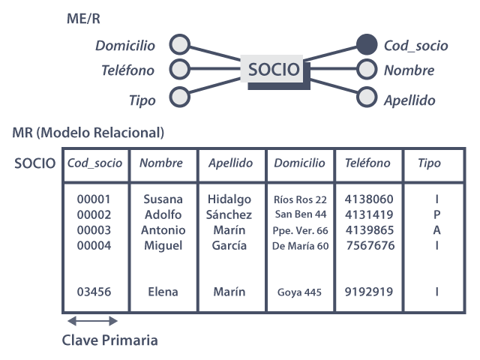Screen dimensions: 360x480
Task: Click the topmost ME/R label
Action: [82, 18]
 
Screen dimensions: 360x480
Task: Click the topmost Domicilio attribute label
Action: [126, 46]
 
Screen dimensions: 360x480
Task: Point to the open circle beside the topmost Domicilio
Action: [179, 43]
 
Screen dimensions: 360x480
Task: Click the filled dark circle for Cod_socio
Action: [367, 43]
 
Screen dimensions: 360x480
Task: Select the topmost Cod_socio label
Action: [415, 46]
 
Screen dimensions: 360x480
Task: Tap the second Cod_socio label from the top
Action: [415, 64]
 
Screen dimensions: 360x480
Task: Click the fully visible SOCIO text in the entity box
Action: [274, 70]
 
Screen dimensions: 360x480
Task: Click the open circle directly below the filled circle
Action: [367, 69]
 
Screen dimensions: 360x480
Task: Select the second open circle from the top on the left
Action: [179, 69]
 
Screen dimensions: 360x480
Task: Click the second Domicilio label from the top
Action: [126, 64]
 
